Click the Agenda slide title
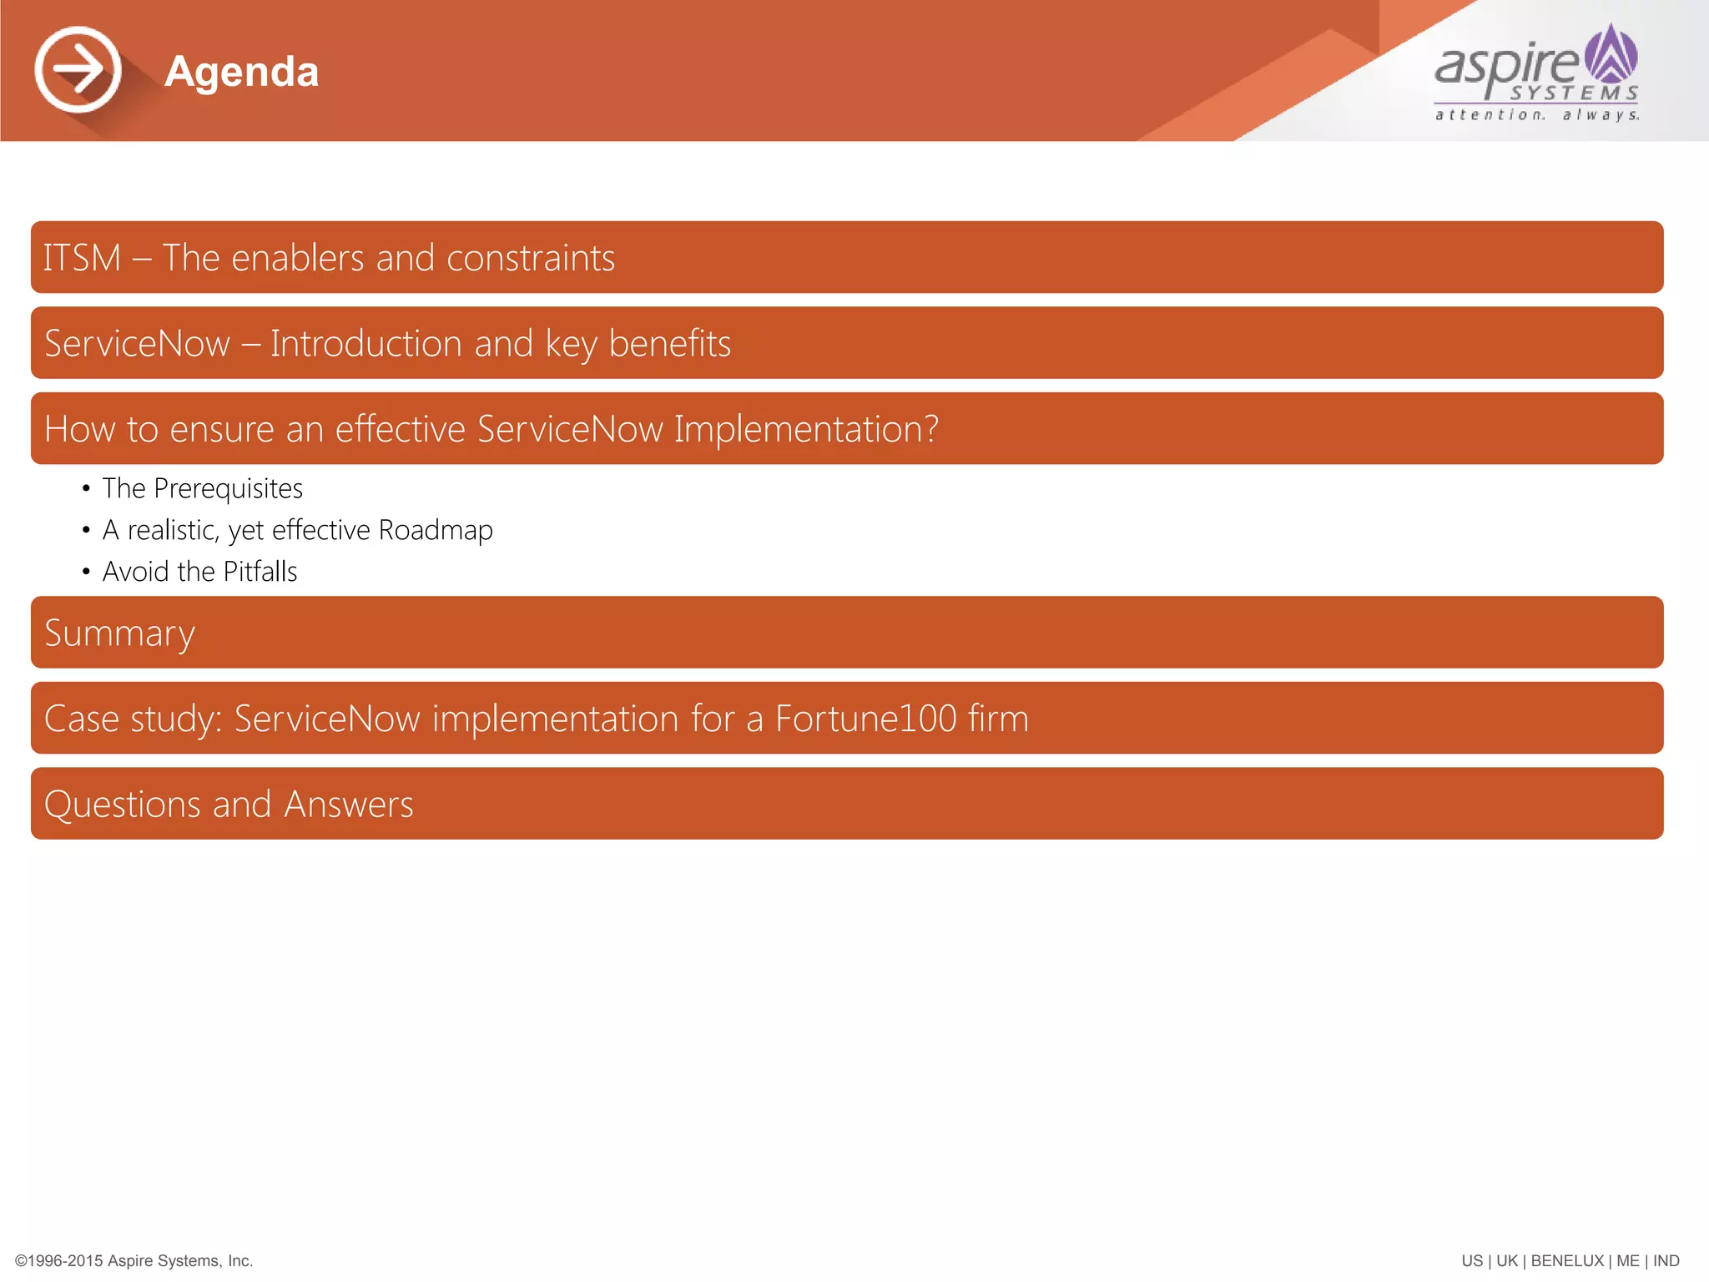click(x=241, y=72)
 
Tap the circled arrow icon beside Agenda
click(x=78, y=69)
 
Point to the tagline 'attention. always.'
click(x=1537, y=115)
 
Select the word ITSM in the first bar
click(x=82, y=258)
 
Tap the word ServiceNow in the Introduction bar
click(x=137, y=344)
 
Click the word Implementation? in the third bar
click(x=806, y=430)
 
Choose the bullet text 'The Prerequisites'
click(x=202, y=488)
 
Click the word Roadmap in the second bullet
click(x=436, y=530)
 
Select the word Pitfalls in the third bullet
click(x=260, y=572)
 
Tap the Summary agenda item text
click(x=119, y=633)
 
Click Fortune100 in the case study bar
click(x=865, y=719)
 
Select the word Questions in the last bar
click(x=122, y=805)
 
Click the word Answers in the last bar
click(x=349, y=805)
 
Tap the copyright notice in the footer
click(x=134, y=1261)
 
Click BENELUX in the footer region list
click(x=1567, y=1261)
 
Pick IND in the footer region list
click(x=1666, y=1261)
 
